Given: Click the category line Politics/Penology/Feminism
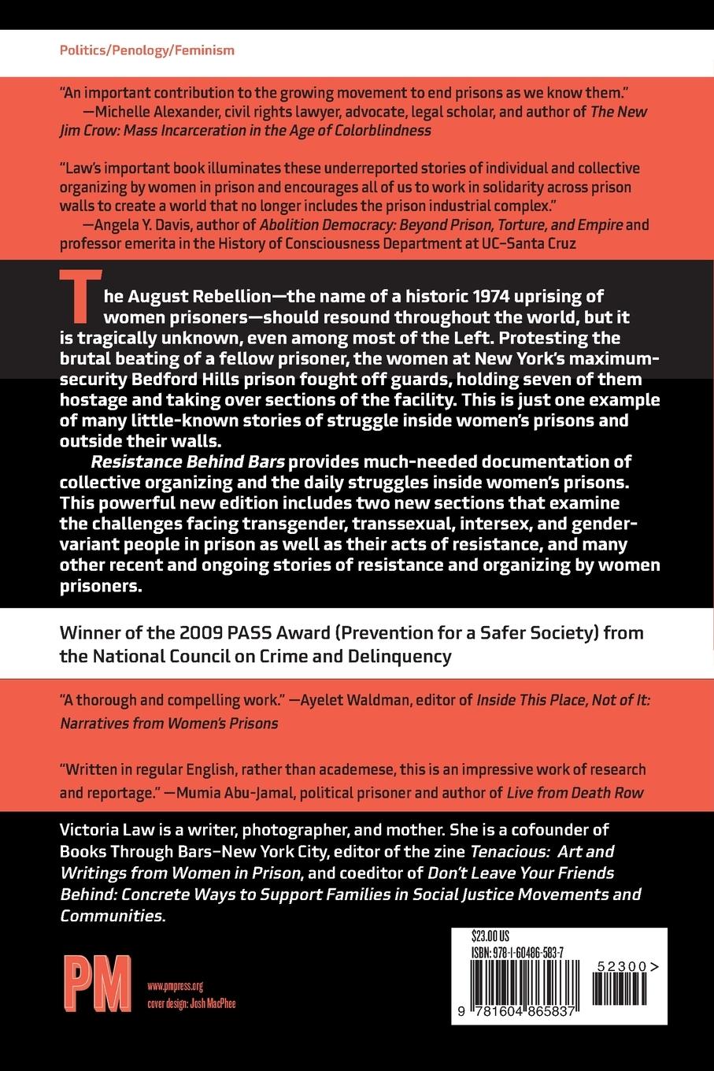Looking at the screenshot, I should [147, 50].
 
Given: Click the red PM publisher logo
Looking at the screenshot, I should [97, 982].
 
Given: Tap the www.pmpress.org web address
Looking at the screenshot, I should [175, 985].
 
